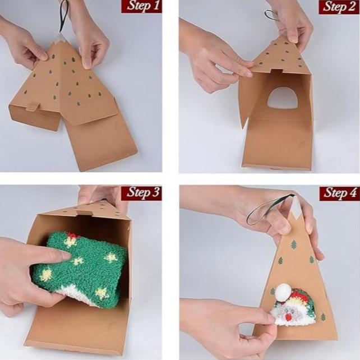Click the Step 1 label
141,6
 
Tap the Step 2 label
339,7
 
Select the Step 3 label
141,193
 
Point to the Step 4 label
340,193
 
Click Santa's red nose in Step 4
289,317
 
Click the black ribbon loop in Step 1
63,16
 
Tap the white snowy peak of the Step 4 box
296,208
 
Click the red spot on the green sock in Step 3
72,236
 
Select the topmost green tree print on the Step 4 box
294,244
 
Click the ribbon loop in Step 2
271,14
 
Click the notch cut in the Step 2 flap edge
275,71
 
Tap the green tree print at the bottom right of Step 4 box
323,317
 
